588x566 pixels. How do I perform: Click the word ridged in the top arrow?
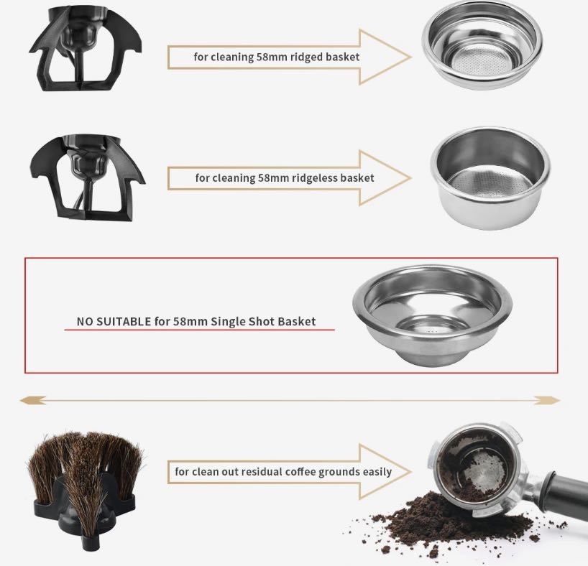pyautogui.click(x=306, y=57)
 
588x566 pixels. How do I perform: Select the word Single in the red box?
pyautogui.click(x=225, y=322)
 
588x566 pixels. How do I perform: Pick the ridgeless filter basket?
pyautogui.click(x=490, y=177)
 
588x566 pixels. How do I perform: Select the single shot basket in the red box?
pyautogui.click(x=433, y=315)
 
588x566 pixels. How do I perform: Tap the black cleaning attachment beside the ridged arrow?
pyautogui.click(x=86, y=49)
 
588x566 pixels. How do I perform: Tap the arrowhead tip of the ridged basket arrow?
pyautogui.click(x=411, y=57)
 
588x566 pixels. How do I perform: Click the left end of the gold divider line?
pyautogui.click(x=21, y=401)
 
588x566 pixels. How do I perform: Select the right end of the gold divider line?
pyautogui.click(x=559, y=401)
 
